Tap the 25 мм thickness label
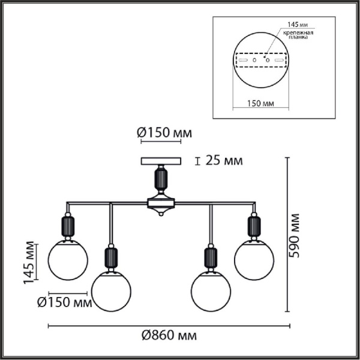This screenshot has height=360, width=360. (x=224, y=160)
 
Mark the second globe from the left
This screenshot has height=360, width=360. (x=111, y=289)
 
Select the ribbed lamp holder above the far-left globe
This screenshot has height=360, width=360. (x=68, y=226)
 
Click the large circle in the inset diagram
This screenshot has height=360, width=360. (x=260, y=61)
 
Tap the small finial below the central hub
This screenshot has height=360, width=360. (x=161, y=215)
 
